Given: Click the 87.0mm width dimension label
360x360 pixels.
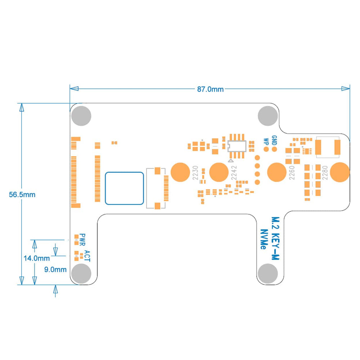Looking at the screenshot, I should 210,89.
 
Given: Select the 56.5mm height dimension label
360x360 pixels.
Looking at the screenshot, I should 22,194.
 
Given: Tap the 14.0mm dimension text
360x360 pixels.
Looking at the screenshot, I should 36,258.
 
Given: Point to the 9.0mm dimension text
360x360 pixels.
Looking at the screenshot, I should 55,269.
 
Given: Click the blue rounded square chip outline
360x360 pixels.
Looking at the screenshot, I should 125,189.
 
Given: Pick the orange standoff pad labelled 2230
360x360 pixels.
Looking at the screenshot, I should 180,172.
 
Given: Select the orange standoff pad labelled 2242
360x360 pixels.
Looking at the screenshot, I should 219,172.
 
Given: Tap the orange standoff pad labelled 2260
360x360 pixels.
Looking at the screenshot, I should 277,172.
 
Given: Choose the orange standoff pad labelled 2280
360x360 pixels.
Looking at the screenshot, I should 339,172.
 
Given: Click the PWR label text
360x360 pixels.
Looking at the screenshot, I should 83,238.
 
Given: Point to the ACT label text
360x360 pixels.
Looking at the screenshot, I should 87,256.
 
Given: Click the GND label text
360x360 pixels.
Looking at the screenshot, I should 274,140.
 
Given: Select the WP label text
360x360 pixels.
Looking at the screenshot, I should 266,141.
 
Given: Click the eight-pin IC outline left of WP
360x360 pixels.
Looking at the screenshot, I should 237,146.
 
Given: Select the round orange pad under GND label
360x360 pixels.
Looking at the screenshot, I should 274,149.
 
